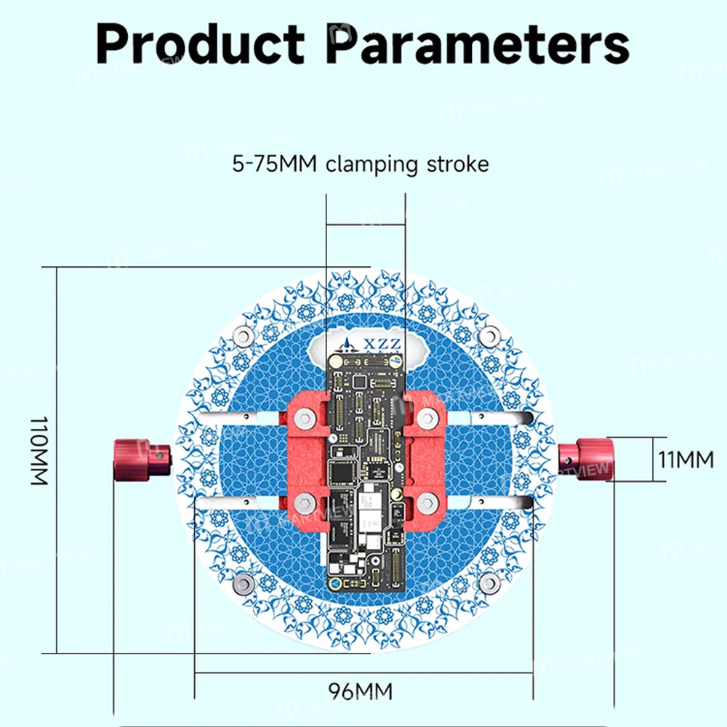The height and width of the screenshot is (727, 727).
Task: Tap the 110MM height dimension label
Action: pyautogui.click(x=39, y=451)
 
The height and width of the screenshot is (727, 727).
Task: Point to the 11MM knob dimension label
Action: pyautogui.click(x=686, y=459)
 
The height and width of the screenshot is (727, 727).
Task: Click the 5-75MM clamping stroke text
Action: pyautogui.click(x=361, y=164)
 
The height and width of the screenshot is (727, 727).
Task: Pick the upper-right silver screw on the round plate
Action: pyautogui.click(x=491, y=335)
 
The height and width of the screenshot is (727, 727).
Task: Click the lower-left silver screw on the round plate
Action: pyautogui.click(x=244, y=582)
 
